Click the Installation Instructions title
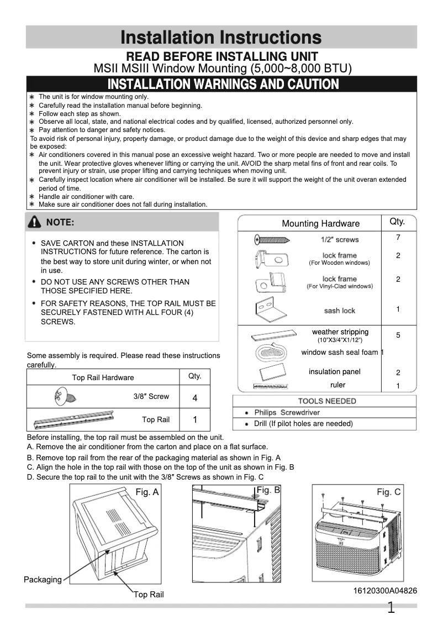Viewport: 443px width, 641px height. point(221,38)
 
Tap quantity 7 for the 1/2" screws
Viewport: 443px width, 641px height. point(398,238)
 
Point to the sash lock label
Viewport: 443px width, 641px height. point(339,311)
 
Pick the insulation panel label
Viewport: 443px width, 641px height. point(334,372)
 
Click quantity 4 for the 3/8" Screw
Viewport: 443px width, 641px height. point(194,398)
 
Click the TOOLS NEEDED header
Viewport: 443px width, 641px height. point(327,401)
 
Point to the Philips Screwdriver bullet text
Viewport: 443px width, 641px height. point(287,413)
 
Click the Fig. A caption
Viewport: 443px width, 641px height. point(147,492)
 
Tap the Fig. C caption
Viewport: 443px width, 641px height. point(389,492)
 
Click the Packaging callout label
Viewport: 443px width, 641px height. point(43,580)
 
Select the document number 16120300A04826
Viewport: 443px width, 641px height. point(385,591)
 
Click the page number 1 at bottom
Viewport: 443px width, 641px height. point(391,609)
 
